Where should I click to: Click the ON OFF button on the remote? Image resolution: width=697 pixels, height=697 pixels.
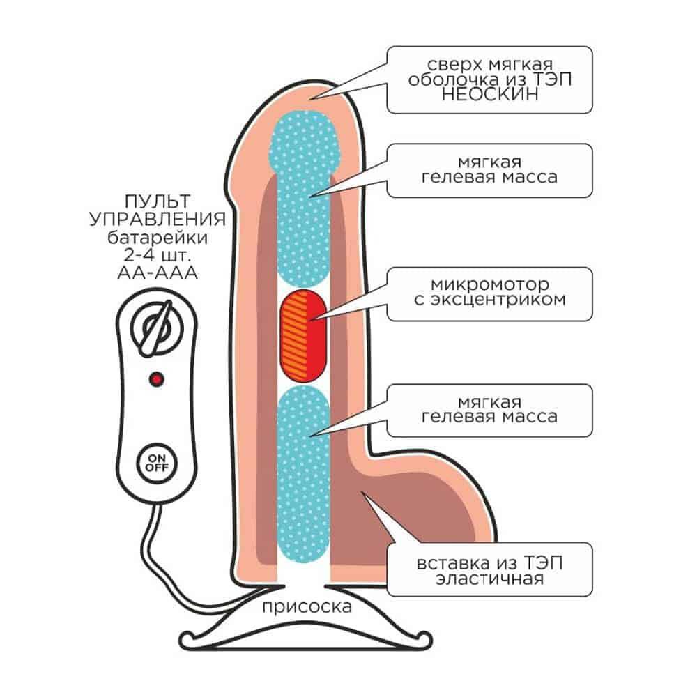(157, 464)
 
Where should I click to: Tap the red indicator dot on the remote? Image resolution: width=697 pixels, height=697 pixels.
(156, 379)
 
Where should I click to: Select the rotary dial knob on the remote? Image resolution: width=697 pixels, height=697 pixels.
(157, 328)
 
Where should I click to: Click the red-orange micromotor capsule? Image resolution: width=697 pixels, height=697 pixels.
(303, 336)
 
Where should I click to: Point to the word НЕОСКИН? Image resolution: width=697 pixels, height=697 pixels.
(490, 94)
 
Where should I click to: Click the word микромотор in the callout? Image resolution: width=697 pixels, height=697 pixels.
(490, 284)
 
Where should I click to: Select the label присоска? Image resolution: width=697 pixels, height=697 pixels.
(307, 607)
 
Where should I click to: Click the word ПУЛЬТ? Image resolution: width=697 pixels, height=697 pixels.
(158, 201)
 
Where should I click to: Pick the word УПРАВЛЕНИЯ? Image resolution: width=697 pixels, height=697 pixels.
(158, 219)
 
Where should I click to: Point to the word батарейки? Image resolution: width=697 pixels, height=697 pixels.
(158, 238)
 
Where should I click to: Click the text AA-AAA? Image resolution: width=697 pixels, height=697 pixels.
(158, 273)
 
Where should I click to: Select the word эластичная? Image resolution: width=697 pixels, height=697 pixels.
(489, 579)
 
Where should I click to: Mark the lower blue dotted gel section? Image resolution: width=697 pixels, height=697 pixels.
(303, 474)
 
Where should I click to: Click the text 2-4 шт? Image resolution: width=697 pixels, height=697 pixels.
(158, 255)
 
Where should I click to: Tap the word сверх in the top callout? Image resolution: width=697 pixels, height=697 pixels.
(455, 66)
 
